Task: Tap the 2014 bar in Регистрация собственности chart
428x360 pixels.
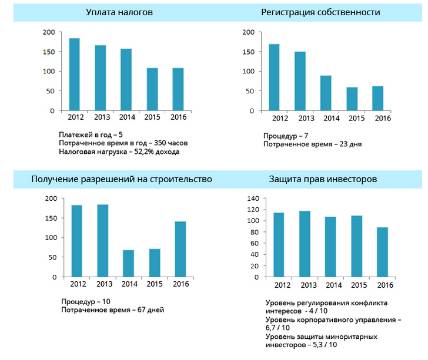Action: pos(326,93)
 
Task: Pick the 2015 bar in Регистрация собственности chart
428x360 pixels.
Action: pos(352,99)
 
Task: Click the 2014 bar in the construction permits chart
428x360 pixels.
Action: pos(128,263)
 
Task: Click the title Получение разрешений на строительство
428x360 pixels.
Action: pos(122,179)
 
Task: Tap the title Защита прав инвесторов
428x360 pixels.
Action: pos(323,179)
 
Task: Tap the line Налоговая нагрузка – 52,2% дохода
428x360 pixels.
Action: pos(119,152)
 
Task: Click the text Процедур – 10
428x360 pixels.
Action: pos(86,301)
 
